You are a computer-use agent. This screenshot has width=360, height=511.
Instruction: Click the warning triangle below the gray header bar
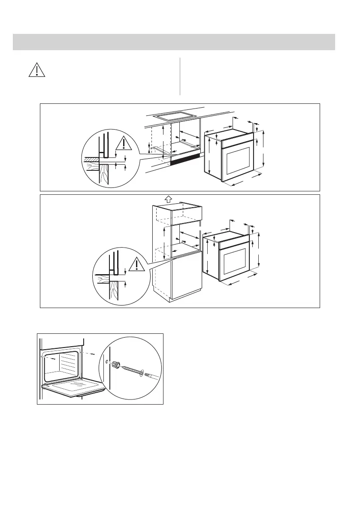[x=37, y=70]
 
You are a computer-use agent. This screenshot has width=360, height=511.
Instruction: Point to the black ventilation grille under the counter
[x=185, y=159]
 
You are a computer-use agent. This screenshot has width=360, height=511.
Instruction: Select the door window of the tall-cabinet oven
[x=234, y=263]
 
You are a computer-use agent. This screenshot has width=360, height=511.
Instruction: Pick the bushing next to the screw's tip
[x=115, y=365]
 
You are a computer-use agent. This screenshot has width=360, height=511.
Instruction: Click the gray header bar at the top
[x=174, y=42]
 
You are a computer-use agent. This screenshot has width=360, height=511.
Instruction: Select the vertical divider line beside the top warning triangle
[x=180, y=76]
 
